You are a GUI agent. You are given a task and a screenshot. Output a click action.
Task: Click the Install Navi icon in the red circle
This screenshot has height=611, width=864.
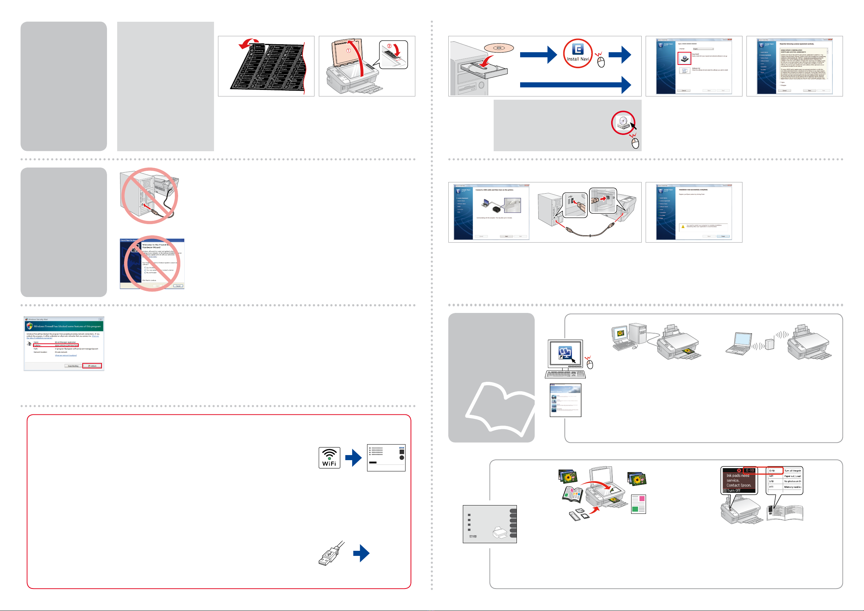click(577, 53)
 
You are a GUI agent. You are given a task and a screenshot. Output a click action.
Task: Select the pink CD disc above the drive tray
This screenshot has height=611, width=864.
click(499, 48)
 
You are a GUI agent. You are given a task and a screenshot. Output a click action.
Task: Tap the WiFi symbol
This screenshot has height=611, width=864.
click(329, 458)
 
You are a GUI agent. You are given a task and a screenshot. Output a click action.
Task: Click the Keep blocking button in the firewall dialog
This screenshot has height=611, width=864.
click(73, 366)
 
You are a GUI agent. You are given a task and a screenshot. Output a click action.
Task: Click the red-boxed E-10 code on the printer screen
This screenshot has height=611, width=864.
click(750, 470)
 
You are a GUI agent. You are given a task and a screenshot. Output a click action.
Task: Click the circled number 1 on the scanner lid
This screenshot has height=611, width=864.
click(349, 50)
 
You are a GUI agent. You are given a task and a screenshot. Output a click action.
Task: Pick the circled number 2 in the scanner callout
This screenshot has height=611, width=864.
click(389, 46)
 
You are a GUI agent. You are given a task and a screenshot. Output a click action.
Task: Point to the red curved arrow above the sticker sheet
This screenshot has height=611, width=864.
click(249, 44)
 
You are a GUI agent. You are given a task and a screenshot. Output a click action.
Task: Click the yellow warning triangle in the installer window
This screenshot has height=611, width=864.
click(683, 227)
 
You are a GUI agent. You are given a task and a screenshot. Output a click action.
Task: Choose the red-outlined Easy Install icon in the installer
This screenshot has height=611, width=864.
click(684, 58)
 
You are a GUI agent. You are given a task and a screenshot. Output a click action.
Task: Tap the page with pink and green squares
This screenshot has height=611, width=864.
click(638, 504)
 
